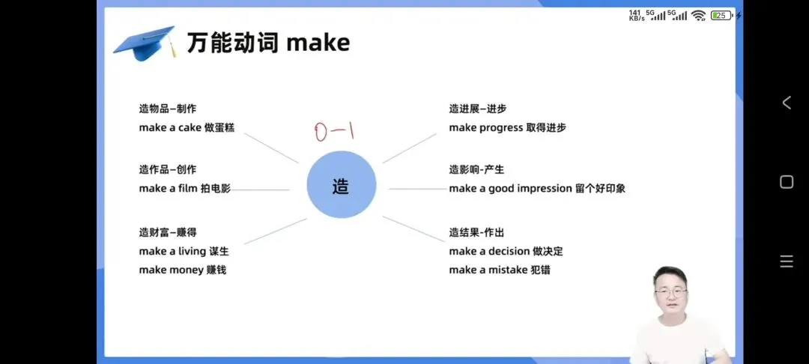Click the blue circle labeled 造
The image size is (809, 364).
point(341,184)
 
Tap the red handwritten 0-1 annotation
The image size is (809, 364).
point(333,133)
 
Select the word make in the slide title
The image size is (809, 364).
point(318,43)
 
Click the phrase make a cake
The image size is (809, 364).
point(170,128)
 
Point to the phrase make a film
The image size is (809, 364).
point(168,189)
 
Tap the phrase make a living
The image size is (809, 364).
point(172,252)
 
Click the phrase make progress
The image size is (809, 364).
point(485,128)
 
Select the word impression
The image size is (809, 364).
point(545,189)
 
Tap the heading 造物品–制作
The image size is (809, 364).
point(167,109)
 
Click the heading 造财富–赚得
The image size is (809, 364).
point(167,232)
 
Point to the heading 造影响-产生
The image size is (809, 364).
point(476,170)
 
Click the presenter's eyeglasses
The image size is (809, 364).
point(670,292)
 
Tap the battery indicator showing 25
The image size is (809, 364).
point(721,15)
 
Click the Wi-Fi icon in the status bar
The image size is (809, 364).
point(698,15)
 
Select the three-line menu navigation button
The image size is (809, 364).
point(787,261)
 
